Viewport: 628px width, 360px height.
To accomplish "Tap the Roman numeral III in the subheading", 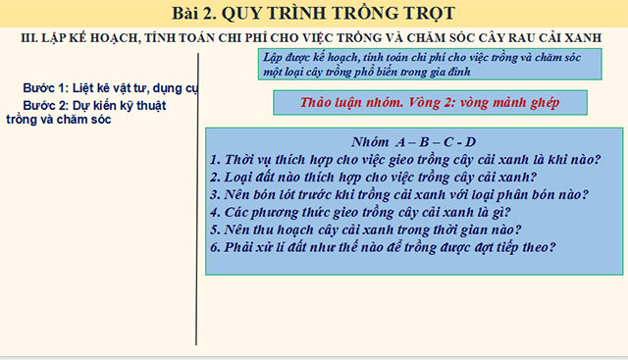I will [x=28, y=36].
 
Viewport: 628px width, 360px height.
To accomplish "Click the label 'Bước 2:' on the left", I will [x=45, y=105].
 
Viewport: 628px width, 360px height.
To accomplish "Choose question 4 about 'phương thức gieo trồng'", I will [x=360, y=211].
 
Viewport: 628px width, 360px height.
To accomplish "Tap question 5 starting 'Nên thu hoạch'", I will [x=365, y=229].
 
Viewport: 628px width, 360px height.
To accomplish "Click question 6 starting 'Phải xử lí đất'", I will [x=383, y=246].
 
